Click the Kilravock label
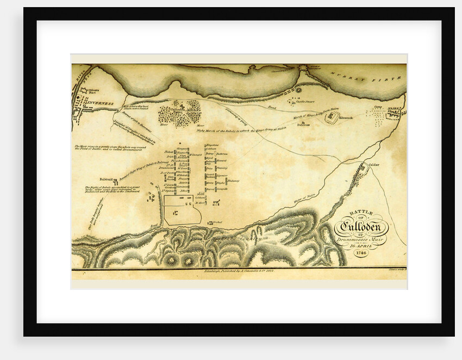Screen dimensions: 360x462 point(346,117)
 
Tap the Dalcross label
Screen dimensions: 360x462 point(303,124)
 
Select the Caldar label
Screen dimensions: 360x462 point(373,164)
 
